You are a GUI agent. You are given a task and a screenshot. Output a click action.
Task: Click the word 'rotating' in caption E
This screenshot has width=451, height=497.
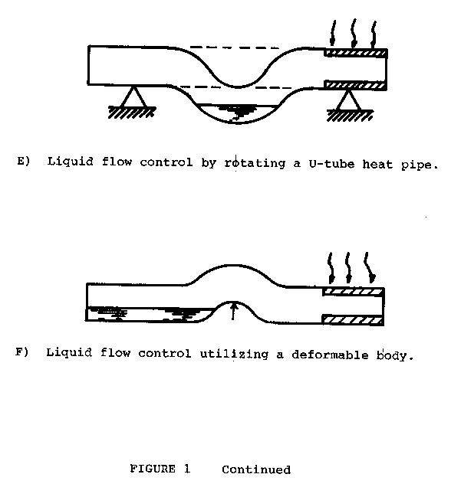point(255,163)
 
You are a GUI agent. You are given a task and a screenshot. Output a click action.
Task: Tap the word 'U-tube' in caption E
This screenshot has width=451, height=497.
point(331,164)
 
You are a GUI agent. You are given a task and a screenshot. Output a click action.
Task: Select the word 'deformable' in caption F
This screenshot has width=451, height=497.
point(330,355)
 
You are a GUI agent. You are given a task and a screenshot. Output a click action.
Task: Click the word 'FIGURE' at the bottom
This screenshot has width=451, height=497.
point(153,468)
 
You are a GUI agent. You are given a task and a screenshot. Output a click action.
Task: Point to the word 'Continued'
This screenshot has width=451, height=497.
point(256,469)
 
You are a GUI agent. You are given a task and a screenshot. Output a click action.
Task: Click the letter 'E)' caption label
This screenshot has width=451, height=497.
point(24,161)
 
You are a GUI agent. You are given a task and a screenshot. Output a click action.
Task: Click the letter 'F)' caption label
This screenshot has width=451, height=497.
point(22,351)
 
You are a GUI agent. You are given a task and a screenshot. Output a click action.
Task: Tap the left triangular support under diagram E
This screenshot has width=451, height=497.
point(133,96)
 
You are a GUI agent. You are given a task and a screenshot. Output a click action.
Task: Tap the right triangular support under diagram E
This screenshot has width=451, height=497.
point(348,100)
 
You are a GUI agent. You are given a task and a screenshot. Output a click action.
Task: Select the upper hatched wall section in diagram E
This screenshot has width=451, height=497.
point(356,53)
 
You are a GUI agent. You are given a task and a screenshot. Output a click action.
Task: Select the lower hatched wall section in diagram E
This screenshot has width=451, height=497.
point(356,85)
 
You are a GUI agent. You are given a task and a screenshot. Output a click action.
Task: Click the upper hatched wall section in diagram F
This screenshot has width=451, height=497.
point(354,292)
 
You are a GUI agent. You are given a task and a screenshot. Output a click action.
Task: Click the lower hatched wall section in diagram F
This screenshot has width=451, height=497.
point(354,320)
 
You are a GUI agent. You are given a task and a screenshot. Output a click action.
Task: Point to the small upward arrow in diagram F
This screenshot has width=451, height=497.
point(233,311)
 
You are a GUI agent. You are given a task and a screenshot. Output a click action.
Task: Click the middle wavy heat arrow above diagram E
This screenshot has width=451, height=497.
point(354,32)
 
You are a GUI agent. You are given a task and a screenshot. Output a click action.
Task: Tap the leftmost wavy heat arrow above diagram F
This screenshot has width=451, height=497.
point(331,268)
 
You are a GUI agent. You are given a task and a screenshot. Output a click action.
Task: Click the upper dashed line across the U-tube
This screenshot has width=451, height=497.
point(234,47)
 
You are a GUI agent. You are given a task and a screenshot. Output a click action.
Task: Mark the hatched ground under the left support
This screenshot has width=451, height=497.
point(132,113)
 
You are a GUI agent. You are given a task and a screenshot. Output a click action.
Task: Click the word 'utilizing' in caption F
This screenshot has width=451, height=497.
point(234,354)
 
